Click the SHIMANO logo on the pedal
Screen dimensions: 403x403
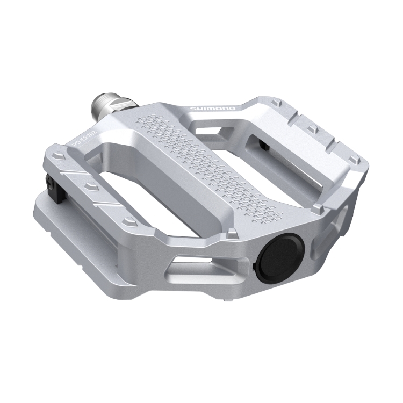[213, 110]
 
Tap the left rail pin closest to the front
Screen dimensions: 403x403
[129, 220]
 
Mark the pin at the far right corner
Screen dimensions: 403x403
[354, 159]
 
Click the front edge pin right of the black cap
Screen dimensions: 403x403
[318, 207]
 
